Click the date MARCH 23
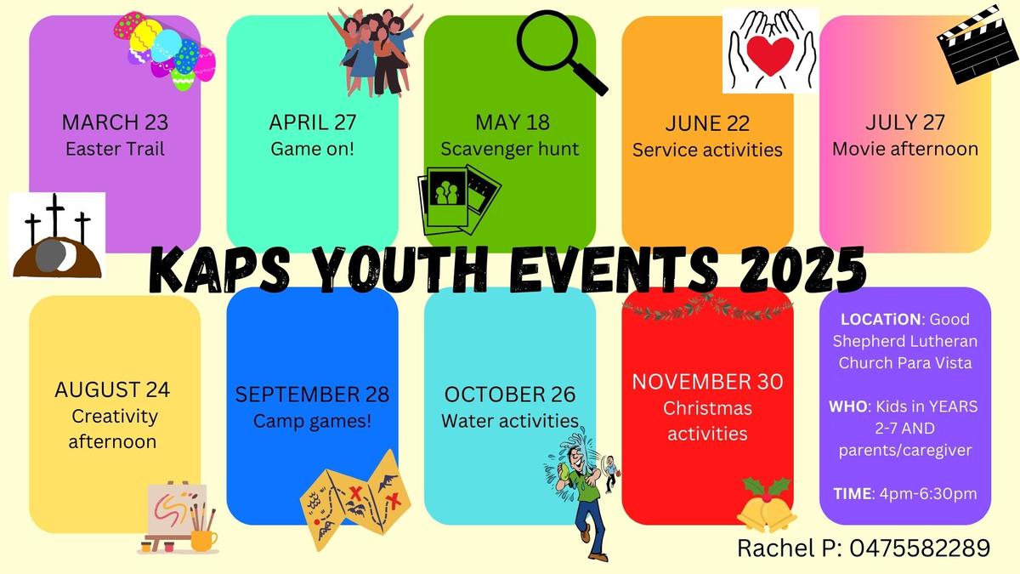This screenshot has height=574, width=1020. [115, 122]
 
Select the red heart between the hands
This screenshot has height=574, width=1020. [770, 55]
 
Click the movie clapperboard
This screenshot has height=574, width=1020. [977, 44]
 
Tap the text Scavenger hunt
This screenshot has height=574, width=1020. [509, 149]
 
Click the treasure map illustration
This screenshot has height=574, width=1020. [355, 500]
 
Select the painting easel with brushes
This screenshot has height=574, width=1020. [178, 518]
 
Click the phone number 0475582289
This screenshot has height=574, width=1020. [920, 548]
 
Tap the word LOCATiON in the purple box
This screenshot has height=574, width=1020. [881, 320]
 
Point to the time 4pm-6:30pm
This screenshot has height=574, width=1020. [928, 494]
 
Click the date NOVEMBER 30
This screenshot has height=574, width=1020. [707, 382]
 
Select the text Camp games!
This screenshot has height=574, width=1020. [312, 421]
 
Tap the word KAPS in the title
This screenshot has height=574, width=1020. [219, 270]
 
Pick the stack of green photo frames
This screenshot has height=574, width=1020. [459, 201]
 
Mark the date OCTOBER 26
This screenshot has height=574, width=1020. [509, 395]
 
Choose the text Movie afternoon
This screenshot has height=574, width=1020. [905, 149]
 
